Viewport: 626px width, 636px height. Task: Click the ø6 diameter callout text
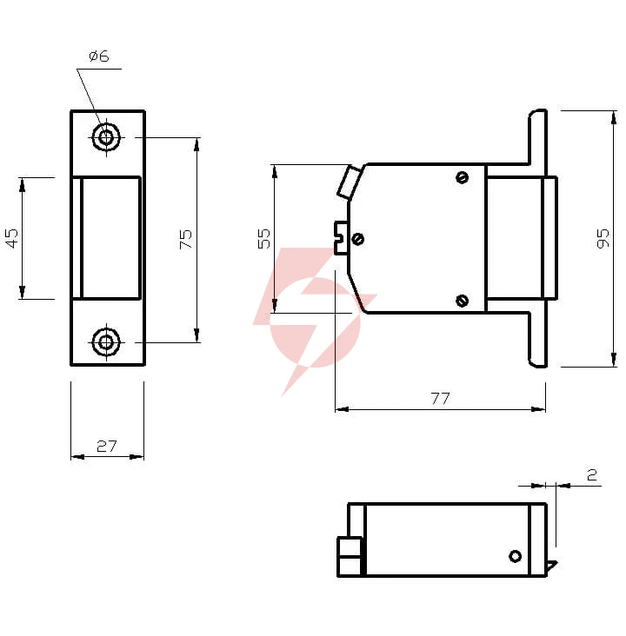pos(99,56)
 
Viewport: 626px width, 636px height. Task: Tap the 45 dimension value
pos(12,238)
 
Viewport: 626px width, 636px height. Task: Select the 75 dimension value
pos(185,239)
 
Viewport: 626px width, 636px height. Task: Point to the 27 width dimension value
pos(107,447)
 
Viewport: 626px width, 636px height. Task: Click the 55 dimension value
pos(264,238)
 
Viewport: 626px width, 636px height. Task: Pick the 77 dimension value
pos(441,398)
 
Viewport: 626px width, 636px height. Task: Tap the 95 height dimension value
pos(603,238)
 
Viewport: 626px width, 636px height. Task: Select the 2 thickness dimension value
pos(592,474)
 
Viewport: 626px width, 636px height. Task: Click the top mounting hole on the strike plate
pos(106,137)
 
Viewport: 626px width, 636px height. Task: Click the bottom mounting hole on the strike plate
pos(106,342)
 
